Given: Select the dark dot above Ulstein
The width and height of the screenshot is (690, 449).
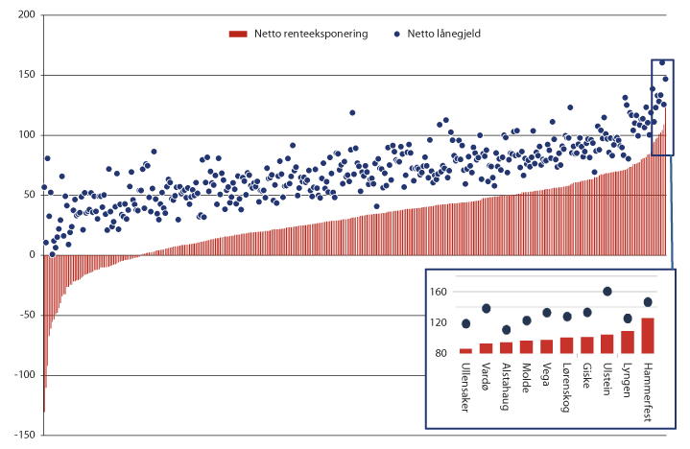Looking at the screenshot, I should point(607,292).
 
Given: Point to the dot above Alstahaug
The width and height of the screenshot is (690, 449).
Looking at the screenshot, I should point(506,329).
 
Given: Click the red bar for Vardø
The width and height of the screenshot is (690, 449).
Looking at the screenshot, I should point(486,348).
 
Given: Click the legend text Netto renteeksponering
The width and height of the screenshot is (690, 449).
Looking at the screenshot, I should point(311,34).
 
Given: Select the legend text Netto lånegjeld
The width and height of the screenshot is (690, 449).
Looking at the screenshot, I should point(442,34).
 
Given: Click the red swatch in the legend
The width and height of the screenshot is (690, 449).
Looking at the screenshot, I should point(239,34).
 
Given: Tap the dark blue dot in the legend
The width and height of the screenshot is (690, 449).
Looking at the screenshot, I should point(397,34).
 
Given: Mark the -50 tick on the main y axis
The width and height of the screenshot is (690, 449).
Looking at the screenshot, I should point(26,315).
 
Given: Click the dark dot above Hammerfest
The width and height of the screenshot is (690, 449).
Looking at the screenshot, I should point(648,301).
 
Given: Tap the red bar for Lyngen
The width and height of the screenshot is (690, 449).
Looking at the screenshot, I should point(628,343).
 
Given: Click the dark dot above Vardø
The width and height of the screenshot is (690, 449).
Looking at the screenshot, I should point(486,309).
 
